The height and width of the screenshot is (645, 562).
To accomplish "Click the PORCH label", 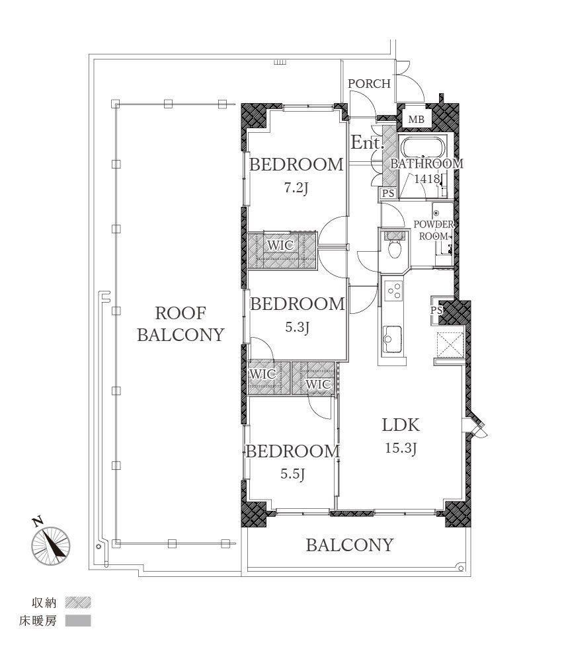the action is [x=369, y=83].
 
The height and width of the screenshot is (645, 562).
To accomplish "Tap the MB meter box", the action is [x=417, y=120].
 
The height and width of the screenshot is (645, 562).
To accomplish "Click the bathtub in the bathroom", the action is [x=423, y=148].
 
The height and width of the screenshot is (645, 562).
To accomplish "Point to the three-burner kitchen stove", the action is [x=393, y=290].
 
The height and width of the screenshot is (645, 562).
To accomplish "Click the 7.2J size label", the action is [x=296, y=188].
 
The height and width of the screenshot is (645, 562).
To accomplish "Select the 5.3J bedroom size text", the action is [x=297, y=327].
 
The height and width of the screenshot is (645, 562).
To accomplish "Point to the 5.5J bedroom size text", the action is [x=292, y=474].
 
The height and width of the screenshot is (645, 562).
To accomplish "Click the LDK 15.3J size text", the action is [x=401, y=448].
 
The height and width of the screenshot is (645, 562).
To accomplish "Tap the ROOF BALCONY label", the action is [x=181, y=324].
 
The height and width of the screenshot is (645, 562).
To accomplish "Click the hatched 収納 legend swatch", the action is [x=78, y=603].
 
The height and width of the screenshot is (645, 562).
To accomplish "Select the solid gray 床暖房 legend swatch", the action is [x=78, y=621].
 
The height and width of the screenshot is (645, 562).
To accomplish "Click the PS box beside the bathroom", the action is [x=388, y=194].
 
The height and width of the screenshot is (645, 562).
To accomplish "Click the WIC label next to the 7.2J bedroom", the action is [x=280, y=245].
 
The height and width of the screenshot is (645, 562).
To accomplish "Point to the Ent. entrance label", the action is [x=367, y=143].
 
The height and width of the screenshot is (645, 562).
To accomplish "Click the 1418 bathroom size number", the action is [x=426, y=178].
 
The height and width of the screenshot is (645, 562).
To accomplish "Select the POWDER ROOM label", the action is [x=433, y=231].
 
